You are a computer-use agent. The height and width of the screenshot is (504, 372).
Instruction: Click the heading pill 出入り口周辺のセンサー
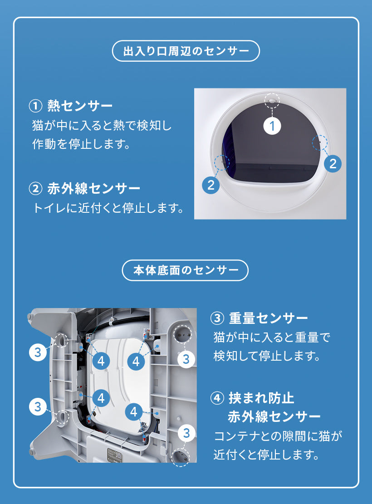click(x=186, y=51)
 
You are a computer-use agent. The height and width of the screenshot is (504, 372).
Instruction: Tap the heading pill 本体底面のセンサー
click(x=185, y=270)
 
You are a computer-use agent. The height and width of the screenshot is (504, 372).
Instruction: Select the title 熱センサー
click(x=80, y=106)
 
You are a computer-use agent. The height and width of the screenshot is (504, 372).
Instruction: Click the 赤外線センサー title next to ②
click(x=94, y=188)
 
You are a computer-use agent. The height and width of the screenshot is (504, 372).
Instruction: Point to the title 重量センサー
click(x=269, y=318)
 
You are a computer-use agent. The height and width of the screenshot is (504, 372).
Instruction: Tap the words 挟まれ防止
click(x=261, y=398)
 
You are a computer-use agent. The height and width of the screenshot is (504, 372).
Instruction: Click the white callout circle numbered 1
click(x=272, y=126)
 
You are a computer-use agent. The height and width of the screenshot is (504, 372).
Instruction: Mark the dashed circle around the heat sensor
click(x=272, y=100)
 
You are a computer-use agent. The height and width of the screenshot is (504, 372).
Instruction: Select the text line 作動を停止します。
click(x=81, y=144)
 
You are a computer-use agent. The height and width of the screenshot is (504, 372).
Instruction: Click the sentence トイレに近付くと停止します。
click(x=108, y=208)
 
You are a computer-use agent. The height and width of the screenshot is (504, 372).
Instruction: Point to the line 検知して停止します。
click(x=267, y=356)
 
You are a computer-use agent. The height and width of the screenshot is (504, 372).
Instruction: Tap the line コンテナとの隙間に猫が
click(x=278, y=436)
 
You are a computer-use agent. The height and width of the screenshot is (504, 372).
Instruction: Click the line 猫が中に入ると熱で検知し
click(x=102, y=125)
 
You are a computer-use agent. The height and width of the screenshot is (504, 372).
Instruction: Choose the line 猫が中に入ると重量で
click(x=272, y=338)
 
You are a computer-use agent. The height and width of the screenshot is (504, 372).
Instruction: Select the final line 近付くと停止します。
click(x=267, y=455)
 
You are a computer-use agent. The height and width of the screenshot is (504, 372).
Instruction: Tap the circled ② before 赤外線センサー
click(x=35, y=189)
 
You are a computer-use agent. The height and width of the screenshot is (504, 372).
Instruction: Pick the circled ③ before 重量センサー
click(x=217, y=318)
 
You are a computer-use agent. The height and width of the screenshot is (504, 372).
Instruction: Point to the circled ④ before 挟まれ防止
click(x=217, y=399)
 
